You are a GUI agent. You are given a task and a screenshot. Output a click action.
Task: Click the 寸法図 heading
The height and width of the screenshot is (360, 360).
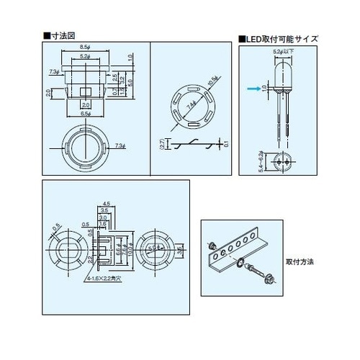(61, 35)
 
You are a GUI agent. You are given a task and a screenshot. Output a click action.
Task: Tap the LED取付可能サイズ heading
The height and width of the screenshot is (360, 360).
(281, 38)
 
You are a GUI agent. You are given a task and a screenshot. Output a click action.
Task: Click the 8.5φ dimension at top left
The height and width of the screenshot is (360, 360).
(86, 46)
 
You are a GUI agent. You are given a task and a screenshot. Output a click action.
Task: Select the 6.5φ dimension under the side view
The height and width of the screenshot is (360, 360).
(85, 115)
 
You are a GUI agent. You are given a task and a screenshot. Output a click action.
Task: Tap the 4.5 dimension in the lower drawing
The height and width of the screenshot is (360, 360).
(106, 203)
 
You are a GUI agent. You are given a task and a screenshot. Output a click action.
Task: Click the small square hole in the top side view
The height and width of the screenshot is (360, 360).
(85, 91)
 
